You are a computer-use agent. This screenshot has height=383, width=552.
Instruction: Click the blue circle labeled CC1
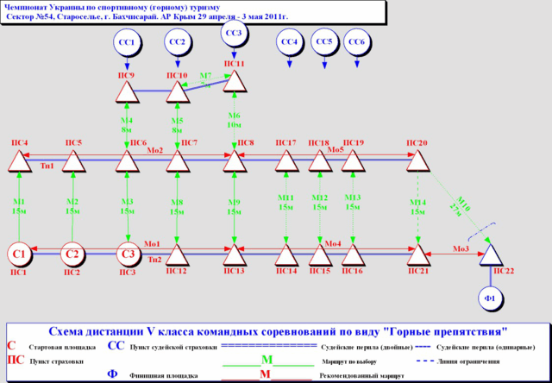click(127, 41)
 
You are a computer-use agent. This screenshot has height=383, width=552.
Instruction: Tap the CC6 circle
click(354, 41)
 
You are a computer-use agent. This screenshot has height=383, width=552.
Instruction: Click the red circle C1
click(20, 254)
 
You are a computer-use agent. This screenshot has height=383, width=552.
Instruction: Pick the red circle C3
click(128, 254)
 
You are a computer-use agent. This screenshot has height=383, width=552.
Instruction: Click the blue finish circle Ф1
click(491, 298)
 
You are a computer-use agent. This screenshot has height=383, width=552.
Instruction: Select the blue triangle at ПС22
click(491, 254)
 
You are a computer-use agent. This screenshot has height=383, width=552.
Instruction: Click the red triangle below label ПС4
click(19, 160)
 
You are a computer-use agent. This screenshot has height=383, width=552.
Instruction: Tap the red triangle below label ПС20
click(417, 160)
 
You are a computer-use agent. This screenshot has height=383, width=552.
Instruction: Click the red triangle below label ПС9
click(127, 92)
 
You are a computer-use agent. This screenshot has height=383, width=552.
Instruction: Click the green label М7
click(206, 77)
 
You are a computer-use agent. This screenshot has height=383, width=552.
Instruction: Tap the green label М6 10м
click(235, 120)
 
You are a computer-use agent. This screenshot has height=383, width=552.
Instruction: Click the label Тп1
click(47, 166)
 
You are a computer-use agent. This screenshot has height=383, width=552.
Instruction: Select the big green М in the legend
click(267, 358)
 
